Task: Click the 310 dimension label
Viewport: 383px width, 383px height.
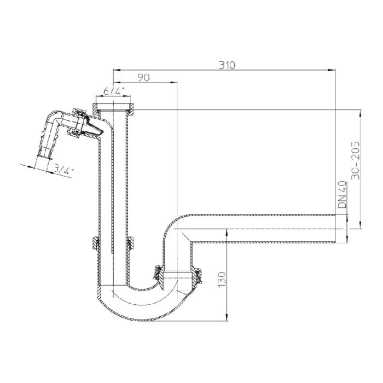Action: pos(227,65)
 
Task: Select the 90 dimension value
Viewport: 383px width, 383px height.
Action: pos(143,78)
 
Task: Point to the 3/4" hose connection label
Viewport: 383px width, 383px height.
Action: pos(63,169)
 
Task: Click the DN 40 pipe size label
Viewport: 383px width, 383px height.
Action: pos(343,194)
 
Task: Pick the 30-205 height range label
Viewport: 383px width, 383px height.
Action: pos(356,160)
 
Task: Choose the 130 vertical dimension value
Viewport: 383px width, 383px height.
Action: pos(222,280)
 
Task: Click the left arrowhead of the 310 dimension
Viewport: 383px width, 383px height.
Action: pos(117,71)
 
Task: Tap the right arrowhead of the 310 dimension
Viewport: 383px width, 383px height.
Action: pos(332,71)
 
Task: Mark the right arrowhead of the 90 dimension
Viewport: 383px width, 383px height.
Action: pos(173,83)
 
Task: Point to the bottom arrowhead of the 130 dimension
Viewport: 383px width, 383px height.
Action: pos(227,317)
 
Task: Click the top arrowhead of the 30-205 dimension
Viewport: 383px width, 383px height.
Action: pos(361,114)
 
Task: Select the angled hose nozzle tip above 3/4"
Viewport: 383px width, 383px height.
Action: pos(44,156)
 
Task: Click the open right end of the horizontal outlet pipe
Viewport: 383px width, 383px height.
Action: pos(335,229)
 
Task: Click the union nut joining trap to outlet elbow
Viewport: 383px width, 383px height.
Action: pos(178,277)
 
